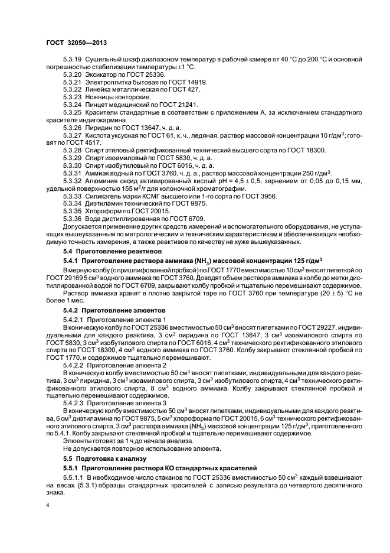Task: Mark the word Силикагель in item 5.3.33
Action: pyautogui.click(x=104, y=196)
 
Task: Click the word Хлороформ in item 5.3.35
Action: pyautogui.click(x=104, y=211)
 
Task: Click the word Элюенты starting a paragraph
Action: pyautogui.click(x=77, y=441)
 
